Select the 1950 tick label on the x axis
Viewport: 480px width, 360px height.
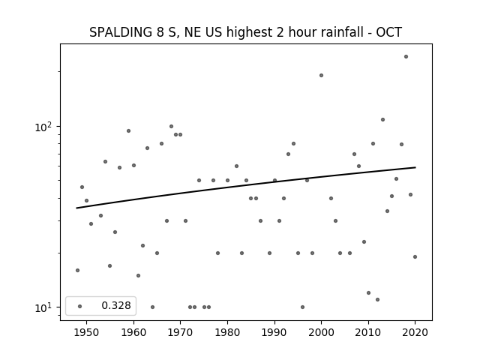pyautogui.click(x=87, y=332)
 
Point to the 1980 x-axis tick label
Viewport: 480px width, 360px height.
pyautogui.click(x=227, y=332)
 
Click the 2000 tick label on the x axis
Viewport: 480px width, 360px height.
pyautogui.click(x=322, y=332)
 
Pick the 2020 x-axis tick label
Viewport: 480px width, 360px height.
pyautogui.click(x=415, y=332)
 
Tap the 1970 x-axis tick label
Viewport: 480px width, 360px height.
pyautogui.click(x=180, y=332)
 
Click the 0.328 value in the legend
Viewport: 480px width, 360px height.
pyautogui.click(x=116, y=305)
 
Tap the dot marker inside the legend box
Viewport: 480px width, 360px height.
pyautogui.click(x=80, y=306)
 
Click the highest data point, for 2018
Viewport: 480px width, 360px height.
pyautogui.click(x=406, y=57)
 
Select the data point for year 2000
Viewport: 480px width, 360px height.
pyautogui.click(x=322, y=75)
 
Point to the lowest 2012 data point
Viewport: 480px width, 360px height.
pyautogui.click(x=378, y=299)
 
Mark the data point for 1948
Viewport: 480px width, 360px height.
pyautogui.click(x=77, y=270)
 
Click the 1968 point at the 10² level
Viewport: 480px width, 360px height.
pyautogui.click(x=172, y=127)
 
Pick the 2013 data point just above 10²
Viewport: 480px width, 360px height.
pyautogui.click(x=382, y=120)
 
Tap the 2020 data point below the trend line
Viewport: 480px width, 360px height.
pyautogui.click(x=415, y=256)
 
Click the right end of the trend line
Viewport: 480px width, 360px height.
pyautogui.click(x=415, y=167)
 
